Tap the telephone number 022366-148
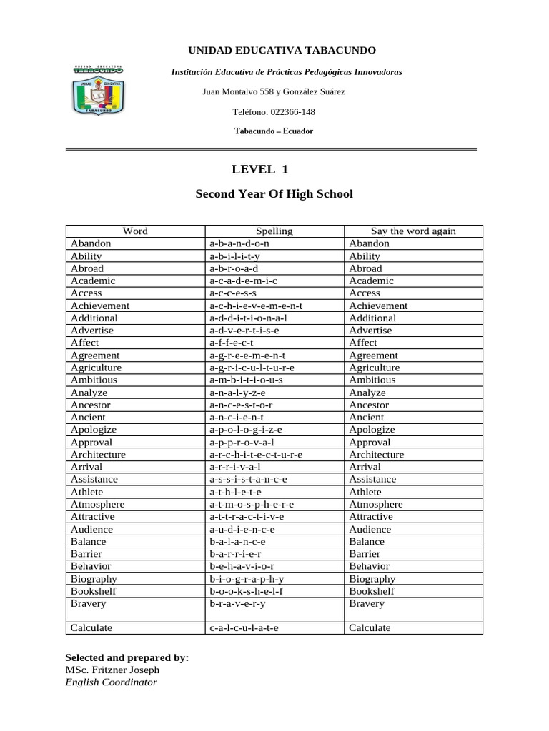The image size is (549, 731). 274,112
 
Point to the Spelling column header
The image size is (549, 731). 274,231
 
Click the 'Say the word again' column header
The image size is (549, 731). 413,231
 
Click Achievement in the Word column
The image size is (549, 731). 99,306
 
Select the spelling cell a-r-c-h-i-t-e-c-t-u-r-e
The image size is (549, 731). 256,454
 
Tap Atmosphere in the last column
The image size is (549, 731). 375,504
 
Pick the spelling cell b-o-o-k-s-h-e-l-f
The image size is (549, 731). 246,591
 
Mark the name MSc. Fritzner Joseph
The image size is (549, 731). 112,670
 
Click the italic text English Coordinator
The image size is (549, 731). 111,682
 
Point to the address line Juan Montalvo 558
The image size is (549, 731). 274,91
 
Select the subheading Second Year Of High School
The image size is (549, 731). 274,193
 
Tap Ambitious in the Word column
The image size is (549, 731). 94,380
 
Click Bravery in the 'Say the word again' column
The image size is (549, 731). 366,603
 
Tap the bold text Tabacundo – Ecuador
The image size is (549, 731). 274,131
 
